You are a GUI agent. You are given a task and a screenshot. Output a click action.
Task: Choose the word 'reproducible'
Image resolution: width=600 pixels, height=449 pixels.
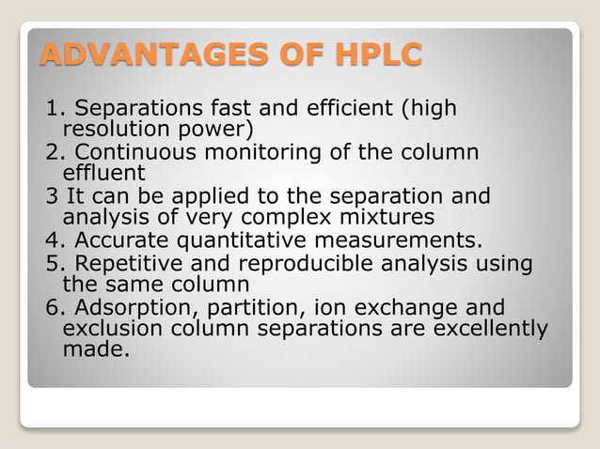(308, 265)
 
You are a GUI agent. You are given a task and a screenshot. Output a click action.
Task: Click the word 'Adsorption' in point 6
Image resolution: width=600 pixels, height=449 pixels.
(124, 308)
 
